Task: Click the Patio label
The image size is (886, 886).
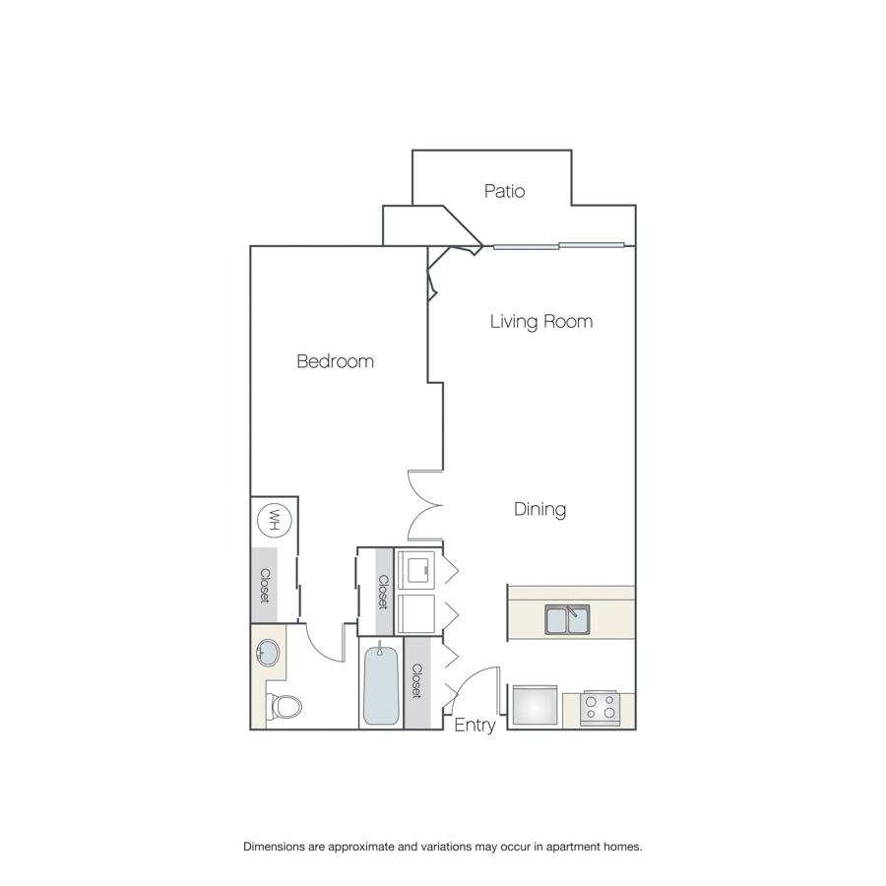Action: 504,191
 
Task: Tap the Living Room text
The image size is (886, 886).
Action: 541,322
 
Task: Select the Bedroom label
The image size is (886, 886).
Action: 335,361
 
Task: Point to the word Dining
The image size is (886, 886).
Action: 539,509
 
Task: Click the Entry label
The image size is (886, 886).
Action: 475,725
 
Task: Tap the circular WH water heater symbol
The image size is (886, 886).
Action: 274,519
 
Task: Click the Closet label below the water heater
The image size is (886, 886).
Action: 265,586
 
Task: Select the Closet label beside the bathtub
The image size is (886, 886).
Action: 417,681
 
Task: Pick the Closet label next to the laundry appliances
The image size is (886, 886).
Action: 383,593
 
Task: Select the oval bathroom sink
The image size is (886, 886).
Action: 267,654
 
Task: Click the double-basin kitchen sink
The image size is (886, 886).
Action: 567,619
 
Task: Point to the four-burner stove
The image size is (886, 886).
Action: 600,708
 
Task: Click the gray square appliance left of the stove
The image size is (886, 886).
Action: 536,705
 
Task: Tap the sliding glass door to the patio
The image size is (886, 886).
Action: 559,246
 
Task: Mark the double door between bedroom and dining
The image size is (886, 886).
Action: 425,505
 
